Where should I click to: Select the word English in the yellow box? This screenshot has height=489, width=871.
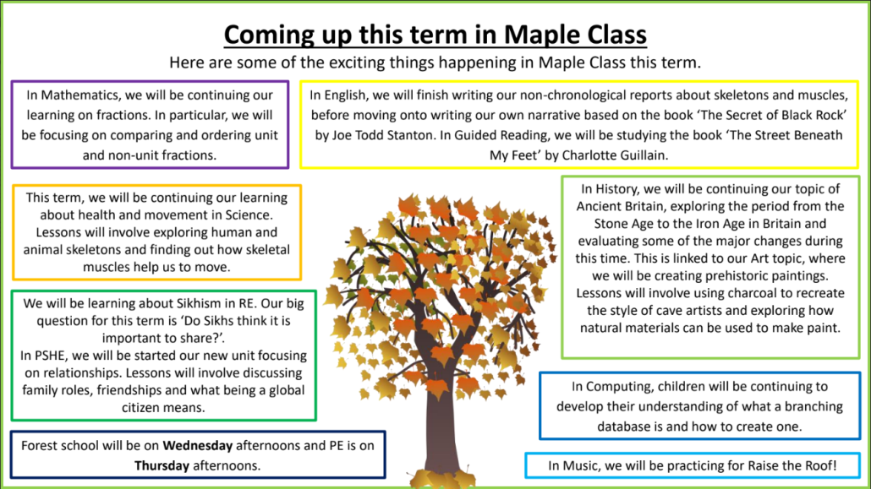click(x=348, y=95)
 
